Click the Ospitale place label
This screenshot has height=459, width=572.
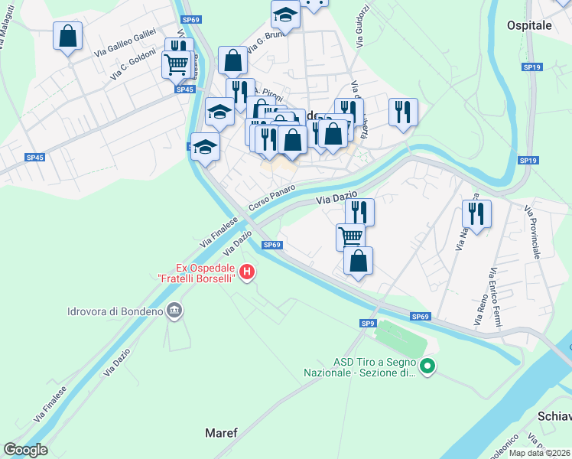point(529,25)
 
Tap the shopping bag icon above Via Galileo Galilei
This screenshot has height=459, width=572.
point(67,35)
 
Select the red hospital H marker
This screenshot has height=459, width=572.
point(246,272)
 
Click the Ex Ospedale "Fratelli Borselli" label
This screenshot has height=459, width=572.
point(206,272)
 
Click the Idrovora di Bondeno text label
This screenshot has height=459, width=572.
point(115,311)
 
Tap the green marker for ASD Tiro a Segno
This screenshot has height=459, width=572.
point(427,368)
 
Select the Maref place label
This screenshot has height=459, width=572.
point(221,433)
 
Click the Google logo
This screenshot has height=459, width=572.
point(25,449)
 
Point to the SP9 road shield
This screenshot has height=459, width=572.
point(369,324)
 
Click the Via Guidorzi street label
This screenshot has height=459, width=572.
point(360,28)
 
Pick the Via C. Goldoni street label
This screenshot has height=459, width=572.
point(133,64)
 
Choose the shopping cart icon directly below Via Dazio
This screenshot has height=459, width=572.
point(350,236)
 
